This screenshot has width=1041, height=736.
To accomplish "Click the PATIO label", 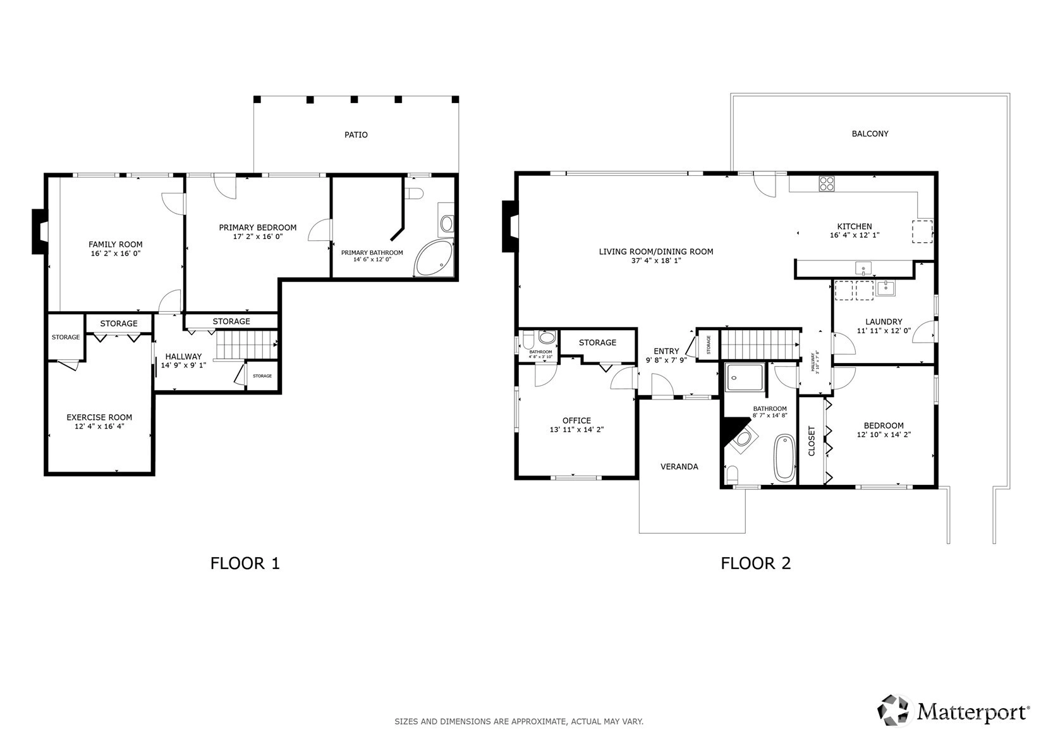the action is (356, 135).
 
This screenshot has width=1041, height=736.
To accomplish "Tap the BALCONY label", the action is (870, 134).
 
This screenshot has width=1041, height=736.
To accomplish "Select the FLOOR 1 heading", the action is (245, 563).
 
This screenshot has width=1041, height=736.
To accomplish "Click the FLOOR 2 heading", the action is (756, 563).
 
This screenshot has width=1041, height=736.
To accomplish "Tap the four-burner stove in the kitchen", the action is (826, 183).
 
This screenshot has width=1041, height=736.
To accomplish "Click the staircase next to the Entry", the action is (760, 344).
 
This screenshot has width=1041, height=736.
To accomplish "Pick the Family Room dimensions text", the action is (115, 254).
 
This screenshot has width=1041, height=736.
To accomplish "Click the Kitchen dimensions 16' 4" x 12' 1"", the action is (855, 235).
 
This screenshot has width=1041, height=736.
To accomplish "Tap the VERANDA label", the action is (679, 467).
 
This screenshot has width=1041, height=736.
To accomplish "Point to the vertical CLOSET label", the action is (812, 441).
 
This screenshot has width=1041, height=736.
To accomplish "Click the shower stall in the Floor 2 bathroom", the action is (745, 377).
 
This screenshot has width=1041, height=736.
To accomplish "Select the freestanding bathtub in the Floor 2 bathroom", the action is (785, 458).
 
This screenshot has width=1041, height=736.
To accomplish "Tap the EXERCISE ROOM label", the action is (99, 417).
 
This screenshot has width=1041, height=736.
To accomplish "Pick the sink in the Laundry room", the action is (886, 288).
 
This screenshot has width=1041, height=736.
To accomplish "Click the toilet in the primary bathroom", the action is (413, 193).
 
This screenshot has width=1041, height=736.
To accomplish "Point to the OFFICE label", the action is (576, 420).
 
